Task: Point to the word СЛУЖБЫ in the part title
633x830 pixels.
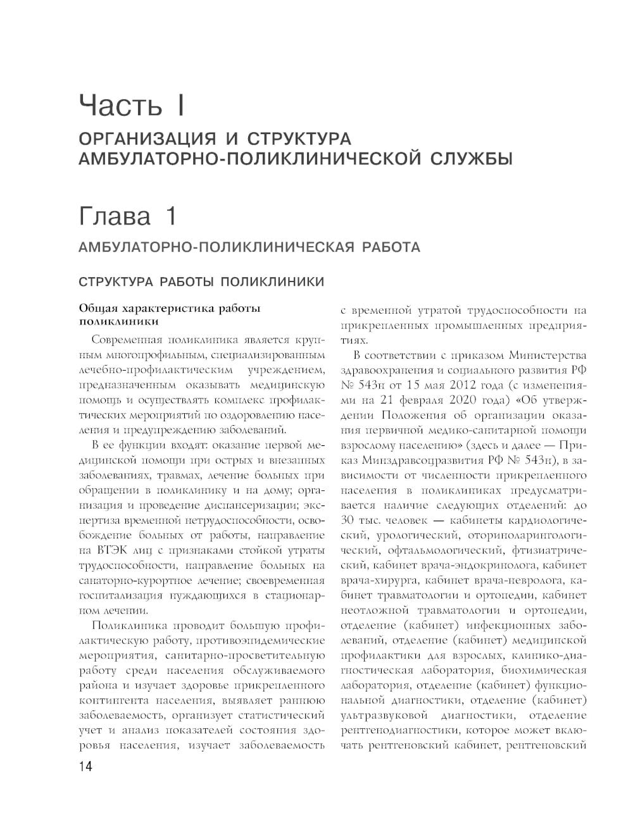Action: click(472, 158)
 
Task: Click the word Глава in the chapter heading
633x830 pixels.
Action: click(115, 217)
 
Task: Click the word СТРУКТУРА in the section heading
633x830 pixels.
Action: click(114, 282)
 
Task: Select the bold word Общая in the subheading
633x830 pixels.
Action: click(97, 309)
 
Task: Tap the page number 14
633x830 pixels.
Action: click(85, 766)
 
